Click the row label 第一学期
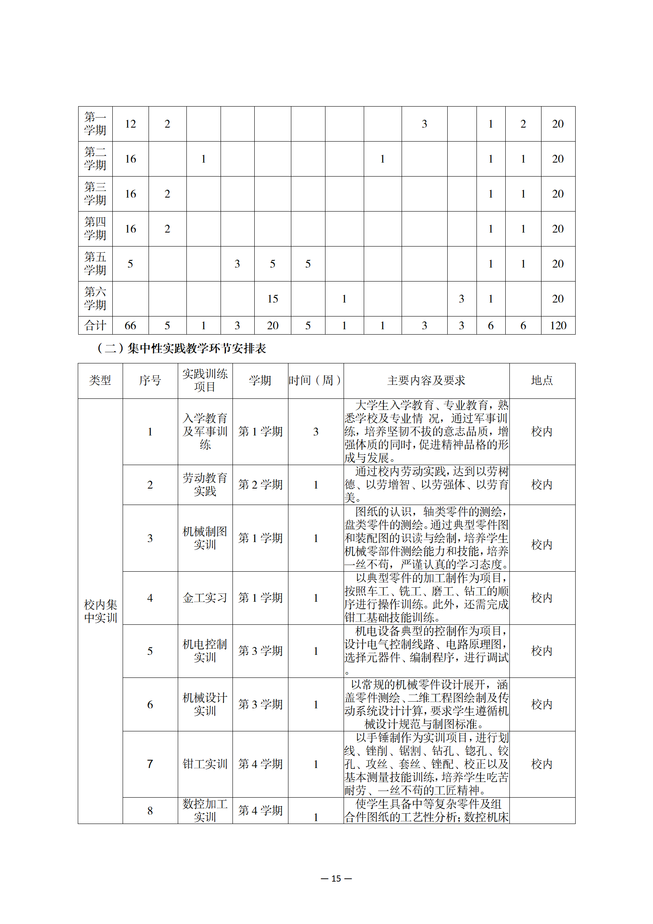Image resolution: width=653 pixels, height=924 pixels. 95,124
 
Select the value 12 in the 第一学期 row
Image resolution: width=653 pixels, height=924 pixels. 130,124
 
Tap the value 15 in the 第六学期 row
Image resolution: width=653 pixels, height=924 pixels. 272,299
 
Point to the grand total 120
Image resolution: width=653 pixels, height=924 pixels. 558,326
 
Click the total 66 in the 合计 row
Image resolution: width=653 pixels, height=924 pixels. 130,326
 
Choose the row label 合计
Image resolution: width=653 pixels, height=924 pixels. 95,326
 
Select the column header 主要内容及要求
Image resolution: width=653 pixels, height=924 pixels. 426,380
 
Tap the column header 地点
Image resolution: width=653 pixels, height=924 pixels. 542,380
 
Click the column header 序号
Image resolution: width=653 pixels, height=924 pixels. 150,380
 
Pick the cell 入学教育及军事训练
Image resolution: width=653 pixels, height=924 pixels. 205,431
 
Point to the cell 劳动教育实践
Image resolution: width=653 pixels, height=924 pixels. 205,484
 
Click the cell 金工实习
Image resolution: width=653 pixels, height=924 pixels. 205,598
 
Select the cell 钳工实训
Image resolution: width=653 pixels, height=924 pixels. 205,764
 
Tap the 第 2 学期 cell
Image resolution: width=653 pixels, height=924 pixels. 260,484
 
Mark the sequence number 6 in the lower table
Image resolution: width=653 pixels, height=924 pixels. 150,704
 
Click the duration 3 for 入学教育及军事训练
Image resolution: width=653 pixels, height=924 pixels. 316,431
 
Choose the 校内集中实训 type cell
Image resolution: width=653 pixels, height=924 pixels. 100,611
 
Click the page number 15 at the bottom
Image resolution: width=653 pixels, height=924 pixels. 336,878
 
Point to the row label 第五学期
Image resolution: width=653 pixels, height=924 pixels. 95,264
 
